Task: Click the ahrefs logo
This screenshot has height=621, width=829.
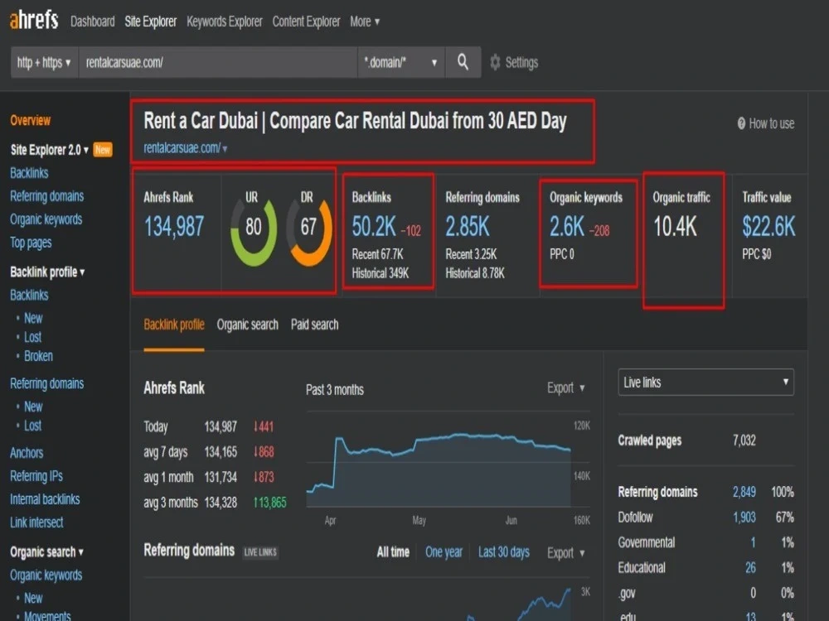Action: [34, 20]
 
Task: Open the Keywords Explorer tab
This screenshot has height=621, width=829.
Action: [224, 22]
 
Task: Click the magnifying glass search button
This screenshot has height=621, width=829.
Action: [463, 62]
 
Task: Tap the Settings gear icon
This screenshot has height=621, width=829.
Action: [495, 62]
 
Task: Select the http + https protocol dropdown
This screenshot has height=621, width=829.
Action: [45, 62]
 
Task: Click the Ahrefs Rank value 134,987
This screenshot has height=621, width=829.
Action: [174, 227]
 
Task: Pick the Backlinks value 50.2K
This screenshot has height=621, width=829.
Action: [374, 227]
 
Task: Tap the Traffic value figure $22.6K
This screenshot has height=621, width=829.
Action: [768, 227]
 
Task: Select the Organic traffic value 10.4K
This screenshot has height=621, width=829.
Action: [675, 227]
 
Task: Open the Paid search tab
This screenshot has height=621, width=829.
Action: [314, 325]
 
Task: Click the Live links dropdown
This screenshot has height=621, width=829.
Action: [705, 383]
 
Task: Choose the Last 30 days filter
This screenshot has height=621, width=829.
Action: [504, 552]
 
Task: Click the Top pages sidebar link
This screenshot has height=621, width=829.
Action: [31, 243]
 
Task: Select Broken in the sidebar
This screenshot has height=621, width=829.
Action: [39, 356]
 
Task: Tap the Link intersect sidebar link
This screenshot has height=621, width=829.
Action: [36, 522]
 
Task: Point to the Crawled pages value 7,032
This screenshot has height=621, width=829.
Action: [744, 440]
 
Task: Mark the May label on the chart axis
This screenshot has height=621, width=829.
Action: [419, 521]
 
